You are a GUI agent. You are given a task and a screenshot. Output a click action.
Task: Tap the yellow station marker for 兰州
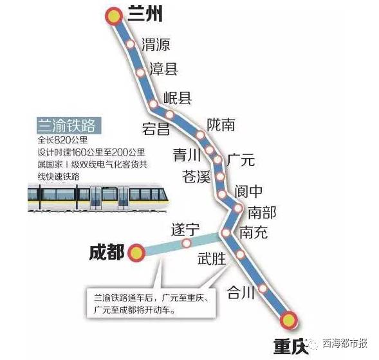(x=114, y=17)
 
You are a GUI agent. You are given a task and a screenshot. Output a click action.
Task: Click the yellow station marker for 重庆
(x=289, y=319)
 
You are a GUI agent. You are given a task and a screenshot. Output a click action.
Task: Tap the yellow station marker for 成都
(x=137, y=253)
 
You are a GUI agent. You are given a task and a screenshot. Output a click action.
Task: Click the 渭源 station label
(x=155, y=44)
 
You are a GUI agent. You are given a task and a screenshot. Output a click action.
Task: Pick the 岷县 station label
(x=177, y=98)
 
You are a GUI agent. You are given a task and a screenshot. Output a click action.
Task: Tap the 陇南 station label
(x=221, y=125)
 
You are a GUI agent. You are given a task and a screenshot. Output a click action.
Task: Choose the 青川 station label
(x=189, y=154)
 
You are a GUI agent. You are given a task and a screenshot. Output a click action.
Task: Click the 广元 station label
(x=243, y=157)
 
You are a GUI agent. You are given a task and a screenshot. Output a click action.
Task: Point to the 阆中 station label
(x=249, y=191)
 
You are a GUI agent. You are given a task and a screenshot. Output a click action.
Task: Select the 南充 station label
(x=252, y=233)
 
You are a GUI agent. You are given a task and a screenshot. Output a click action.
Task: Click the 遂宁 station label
(x=185, y=228)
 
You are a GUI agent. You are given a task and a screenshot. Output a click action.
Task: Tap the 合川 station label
(x=241, y=293)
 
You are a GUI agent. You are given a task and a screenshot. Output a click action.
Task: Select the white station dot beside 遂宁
(x=187, y=244)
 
